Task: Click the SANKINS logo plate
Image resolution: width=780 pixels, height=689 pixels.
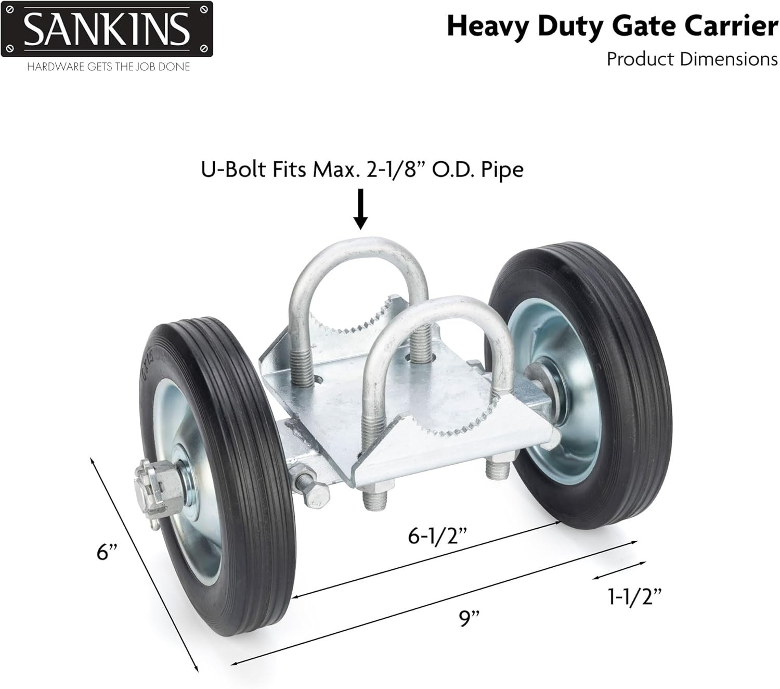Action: tap(107, 29)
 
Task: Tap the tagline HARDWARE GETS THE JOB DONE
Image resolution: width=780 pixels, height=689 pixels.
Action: tap(109, 67)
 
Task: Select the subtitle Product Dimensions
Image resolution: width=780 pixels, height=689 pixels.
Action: tap(692, 59)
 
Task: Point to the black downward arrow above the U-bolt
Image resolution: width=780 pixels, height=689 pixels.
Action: tap(360, 209)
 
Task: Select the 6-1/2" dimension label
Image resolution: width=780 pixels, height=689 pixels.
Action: tap(438, 535)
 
